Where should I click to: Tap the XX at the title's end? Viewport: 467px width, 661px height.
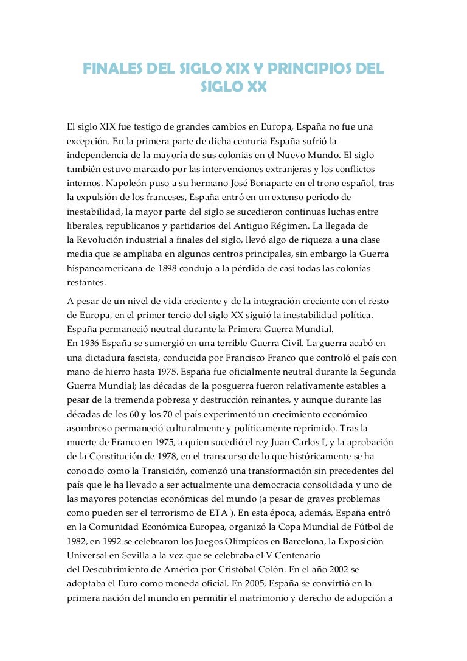254,87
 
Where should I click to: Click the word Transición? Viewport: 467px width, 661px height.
172,470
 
